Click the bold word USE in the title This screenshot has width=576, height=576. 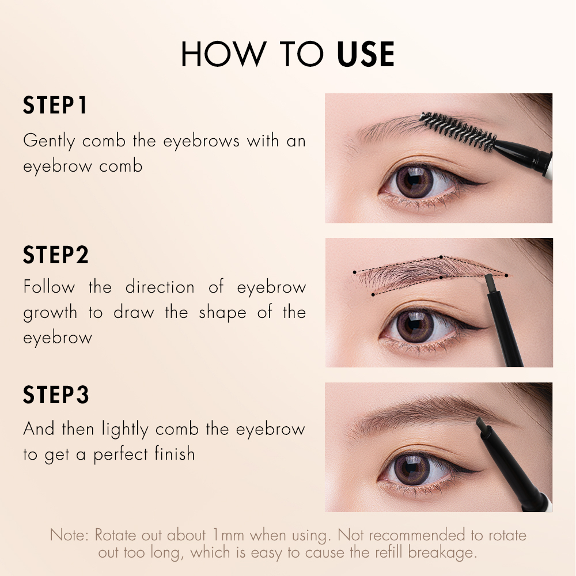tap(366, 54)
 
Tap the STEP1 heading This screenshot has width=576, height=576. tap(55, 105)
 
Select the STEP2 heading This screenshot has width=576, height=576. tap(56, 255)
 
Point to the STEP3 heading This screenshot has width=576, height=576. tap(56, 395)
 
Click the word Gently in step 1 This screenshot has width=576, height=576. tap(49, 142)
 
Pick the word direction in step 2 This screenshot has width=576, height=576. tap(160, 287)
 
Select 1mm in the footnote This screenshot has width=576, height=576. tap(228, 535)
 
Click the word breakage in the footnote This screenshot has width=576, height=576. tap(442, 553)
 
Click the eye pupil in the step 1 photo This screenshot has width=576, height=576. tap(414, 180)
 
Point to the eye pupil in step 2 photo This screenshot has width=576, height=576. tap(414, 325)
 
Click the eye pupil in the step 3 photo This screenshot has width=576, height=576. tap(412, 469)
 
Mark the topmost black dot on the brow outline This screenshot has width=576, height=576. tap(441, 257)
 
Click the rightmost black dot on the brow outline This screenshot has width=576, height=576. tap(506, 275)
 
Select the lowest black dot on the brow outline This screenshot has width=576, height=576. tap(373, 294)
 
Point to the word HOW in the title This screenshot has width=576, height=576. tap(223, 54)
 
